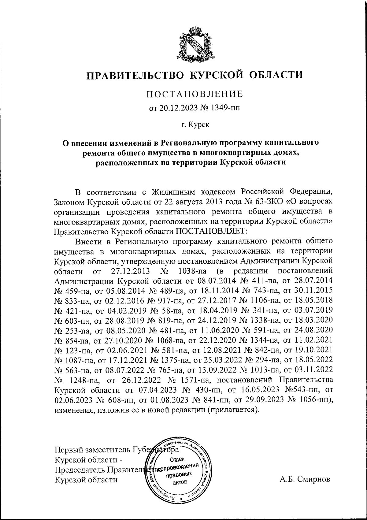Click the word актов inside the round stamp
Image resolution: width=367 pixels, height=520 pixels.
click(x=179, y=482)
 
